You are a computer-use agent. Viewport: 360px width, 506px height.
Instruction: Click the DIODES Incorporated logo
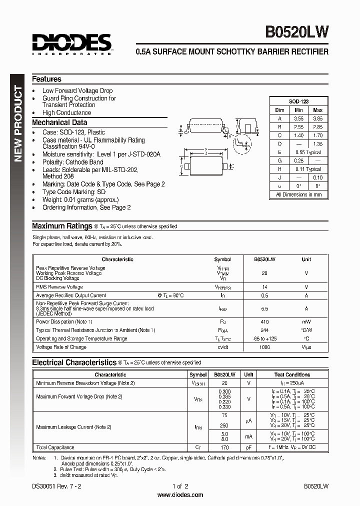click(72, 44)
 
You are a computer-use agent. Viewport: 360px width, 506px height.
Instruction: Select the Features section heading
click(46, 79)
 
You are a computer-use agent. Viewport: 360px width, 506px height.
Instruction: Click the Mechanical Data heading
click(59, 122)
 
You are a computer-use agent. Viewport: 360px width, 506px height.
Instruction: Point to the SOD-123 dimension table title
click(298, 101)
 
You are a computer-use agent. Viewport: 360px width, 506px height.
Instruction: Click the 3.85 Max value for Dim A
click(317, 118)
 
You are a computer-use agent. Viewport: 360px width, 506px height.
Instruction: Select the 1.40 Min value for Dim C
click(298, 135)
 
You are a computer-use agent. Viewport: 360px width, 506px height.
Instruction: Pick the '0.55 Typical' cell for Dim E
click(308, 152)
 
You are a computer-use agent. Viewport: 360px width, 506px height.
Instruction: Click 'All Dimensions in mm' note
click(298, 194)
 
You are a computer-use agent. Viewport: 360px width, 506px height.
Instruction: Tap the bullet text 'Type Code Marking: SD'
click(74, 192)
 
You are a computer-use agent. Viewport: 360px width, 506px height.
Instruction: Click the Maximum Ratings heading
click(62, 226)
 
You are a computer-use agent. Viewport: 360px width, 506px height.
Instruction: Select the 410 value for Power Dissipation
click(264, 321)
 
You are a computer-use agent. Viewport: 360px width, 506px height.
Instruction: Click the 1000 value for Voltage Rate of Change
click(264, 347)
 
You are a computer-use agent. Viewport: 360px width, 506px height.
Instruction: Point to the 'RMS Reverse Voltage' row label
click(59, 287)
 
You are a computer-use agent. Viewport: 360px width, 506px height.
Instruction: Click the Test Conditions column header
click(292, 374)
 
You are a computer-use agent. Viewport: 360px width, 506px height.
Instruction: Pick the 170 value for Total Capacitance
click(225, 447)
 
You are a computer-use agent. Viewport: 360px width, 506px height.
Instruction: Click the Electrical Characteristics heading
click(74, 362)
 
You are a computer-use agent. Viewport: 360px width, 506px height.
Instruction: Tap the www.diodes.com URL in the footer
click(180, 495)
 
